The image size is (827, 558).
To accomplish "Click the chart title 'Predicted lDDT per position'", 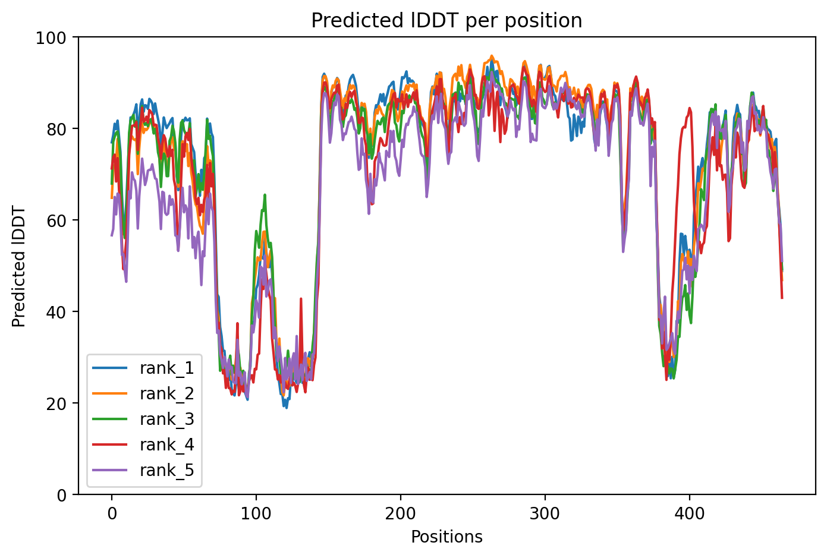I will (x=446, y=21).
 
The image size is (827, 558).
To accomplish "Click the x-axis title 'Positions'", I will (x=446, y=537).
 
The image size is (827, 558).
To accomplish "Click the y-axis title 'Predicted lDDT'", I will (x=19, y=266).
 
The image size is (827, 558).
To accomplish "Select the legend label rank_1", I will (x=166, y=368).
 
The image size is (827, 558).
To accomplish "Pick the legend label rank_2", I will (x=166, y=394).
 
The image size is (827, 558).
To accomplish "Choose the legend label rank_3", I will (x=166, y=420).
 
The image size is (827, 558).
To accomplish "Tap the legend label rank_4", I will (x=166, y=445).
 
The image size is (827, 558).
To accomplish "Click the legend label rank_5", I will (x=166, y=471).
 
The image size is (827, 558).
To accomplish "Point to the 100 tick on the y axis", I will (x=55, y=37).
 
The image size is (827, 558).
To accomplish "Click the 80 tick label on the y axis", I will (x=59, y=129).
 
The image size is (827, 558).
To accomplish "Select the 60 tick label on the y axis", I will (x=59, y=220).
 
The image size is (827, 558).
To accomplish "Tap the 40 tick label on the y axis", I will (x=59, y=312).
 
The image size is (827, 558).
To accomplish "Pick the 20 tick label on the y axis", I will (x=59, y=403).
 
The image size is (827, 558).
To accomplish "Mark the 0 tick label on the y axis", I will (x=63, y=494).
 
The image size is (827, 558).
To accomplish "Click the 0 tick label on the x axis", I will (x=111, y=512).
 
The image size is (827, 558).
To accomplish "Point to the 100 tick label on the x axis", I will (x=256, y=512).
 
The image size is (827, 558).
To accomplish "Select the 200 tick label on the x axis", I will (x=400, y=512).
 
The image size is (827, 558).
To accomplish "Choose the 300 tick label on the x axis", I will (x=545, y=512).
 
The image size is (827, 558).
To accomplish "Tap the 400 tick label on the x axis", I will (x=690, y=512).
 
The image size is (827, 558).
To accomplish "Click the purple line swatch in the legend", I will (x=110, y=471).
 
